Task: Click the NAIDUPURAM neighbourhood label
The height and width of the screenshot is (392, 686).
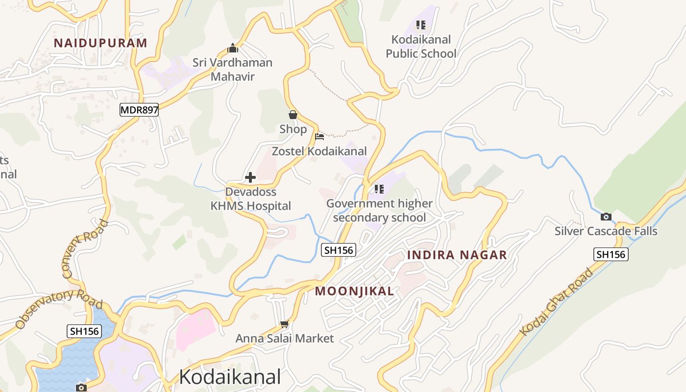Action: coord(100,43)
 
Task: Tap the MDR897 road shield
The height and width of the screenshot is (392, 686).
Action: coord(139,110)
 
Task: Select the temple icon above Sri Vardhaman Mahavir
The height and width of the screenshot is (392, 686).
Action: coord(233,48)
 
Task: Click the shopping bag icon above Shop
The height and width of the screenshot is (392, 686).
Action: coord(293,115)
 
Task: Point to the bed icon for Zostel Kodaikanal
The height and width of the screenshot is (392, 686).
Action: coord(319,136)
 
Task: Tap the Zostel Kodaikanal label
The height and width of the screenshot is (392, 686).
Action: coord(319,151)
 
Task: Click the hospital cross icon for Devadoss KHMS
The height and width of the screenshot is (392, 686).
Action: coord(250,177)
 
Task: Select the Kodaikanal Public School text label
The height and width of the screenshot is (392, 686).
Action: coord(421,46)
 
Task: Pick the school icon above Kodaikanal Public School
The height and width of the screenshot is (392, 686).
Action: coord(420,24)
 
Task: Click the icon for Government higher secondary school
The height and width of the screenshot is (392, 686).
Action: coord(379,189)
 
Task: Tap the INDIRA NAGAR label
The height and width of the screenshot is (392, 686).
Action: coord(457,255)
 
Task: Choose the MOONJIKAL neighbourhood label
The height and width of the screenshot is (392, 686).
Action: coord(354,291)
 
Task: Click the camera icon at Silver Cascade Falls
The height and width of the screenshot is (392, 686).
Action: coord(606,217)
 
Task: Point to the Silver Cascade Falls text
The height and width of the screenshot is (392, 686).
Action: coord(606,231)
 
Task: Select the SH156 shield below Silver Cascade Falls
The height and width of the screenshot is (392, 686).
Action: coord(611,254)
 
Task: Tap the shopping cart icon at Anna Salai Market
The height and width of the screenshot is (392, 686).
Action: coord(284,324)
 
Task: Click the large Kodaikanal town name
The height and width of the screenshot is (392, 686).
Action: coord(230,377)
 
